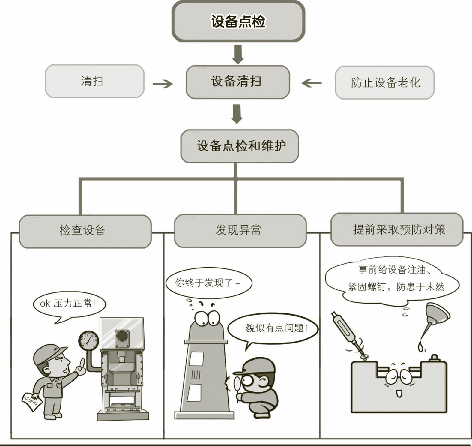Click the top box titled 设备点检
tap(238, 22)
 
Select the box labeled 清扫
tap(94, 81)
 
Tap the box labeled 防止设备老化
tap(384, 82)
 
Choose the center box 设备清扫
tap(237, 82)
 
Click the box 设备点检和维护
tap(240, 146)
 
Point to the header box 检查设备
tap(85, 231)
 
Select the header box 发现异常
tap(240, 230)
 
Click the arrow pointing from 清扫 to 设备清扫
tap(163, 84)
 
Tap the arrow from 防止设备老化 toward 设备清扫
tap(312, 83)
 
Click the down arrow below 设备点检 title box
tap(238, 54)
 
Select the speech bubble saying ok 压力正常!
tap(69, 304)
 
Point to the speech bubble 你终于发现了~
tap(208, 283)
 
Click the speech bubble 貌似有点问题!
tap(273, 328)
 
